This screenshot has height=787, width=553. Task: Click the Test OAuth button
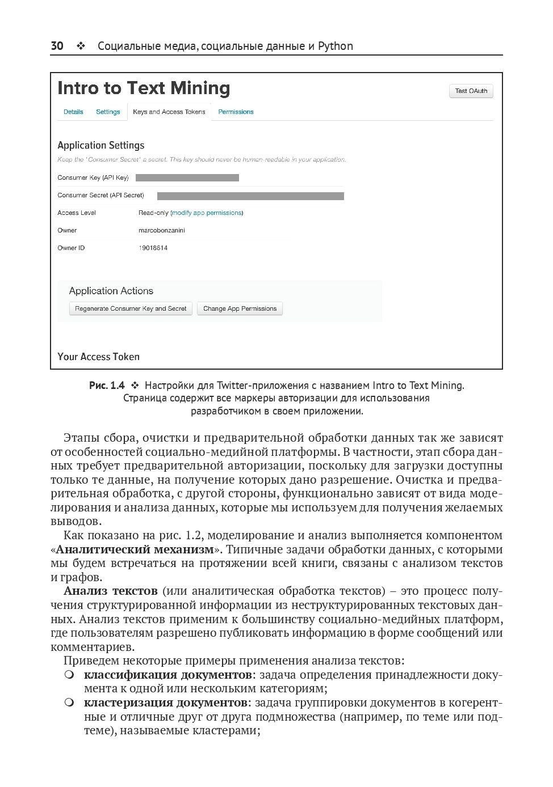point(471,91)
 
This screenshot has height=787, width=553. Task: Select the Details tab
point(73,112)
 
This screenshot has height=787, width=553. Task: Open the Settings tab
point(108,112)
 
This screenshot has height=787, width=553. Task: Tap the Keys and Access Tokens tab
point(169,112)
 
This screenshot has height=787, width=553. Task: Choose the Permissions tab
point(236,112)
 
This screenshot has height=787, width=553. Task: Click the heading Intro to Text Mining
point(144,88)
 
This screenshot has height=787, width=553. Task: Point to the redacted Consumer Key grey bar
point(187,178)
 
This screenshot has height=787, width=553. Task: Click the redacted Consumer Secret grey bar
point(250,196)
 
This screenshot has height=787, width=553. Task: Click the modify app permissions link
point(207,213)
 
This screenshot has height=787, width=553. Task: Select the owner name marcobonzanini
point(161,231)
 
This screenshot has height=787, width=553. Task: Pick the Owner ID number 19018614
point(153,248)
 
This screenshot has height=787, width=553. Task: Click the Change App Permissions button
point(240,309)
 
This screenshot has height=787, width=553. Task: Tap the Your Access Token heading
point(98,357)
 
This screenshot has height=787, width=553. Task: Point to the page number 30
point(57,46)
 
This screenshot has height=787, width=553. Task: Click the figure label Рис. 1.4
point(107,386)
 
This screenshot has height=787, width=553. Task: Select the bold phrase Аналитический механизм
point(135,549)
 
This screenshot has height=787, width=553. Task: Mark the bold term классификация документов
point(167,675)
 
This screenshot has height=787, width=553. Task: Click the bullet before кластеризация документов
point(69,703)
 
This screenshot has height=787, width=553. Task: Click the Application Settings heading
point(100,146)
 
